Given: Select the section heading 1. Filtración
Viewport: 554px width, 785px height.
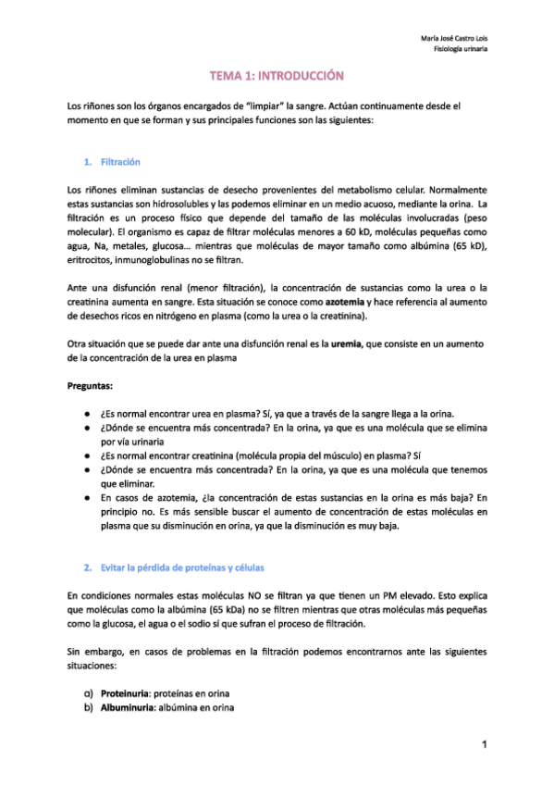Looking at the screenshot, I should click(x=112, y=162).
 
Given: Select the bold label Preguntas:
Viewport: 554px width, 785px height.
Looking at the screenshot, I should click(x=94, y=384).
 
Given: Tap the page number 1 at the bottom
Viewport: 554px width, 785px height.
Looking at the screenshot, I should click(x=483, y=745).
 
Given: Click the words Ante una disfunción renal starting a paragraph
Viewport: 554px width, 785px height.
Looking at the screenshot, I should click(x=126, y=289).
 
